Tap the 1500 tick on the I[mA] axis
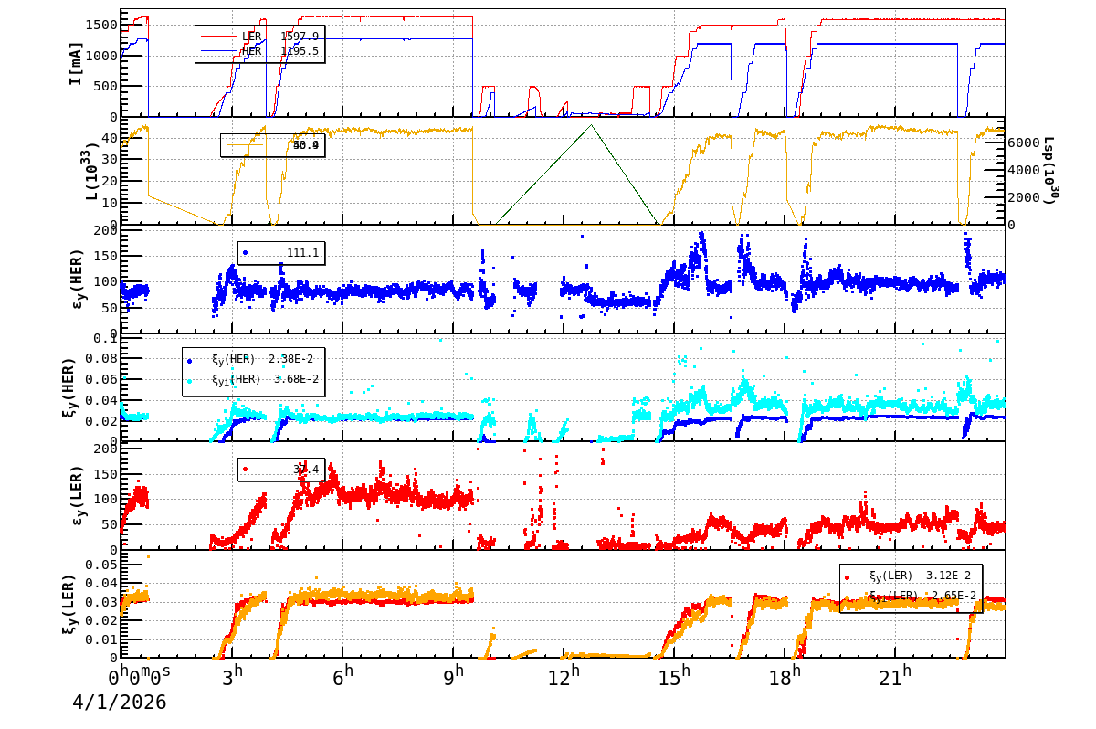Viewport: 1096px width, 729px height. click(x=100, y=25)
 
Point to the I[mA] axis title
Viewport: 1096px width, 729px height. click(x=76, y=63)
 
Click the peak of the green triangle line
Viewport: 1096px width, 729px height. click(x=592, y=125)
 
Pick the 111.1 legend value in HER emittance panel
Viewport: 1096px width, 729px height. click(x=302, y=253)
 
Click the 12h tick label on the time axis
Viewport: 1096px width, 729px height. click(x=564, y=677)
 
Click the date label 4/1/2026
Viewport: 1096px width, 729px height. click(x=120, y=703)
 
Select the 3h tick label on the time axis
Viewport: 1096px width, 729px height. click(x=233, y=677)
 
